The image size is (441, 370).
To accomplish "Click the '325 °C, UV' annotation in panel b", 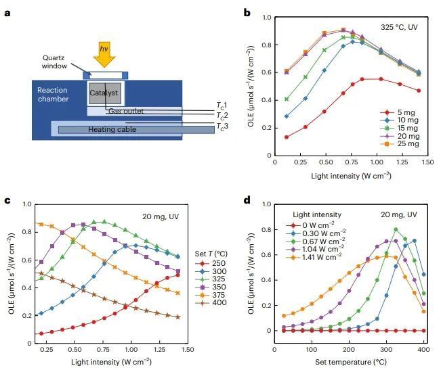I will [399, 29].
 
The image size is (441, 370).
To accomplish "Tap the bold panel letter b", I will [247, 12].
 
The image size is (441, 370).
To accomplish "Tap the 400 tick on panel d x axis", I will [424, 350].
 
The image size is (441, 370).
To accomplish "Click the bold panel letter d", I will [247, 201].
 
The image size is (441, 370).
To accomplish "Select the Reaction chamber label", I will [53, 95].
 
